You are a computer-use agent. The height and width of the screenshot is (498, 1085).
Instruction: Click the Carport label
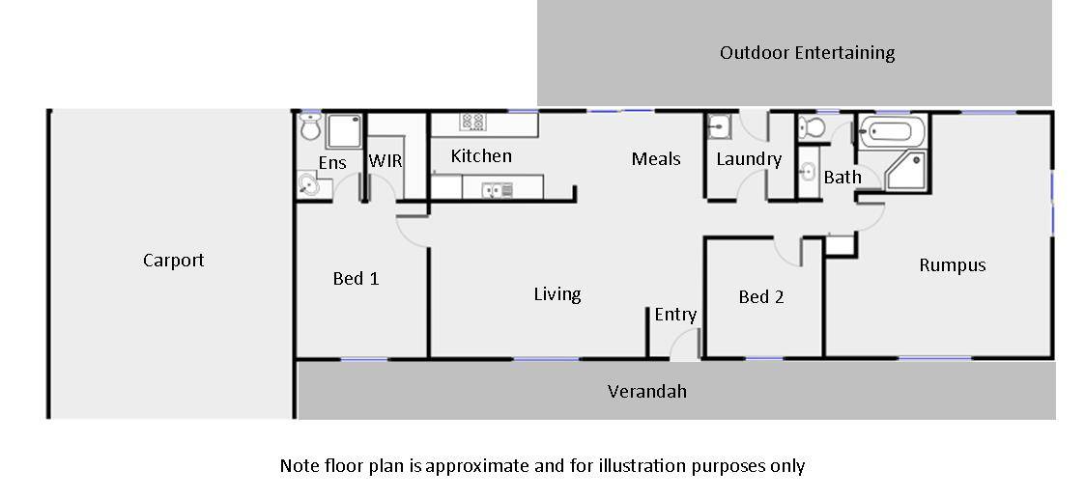tap(174, 261)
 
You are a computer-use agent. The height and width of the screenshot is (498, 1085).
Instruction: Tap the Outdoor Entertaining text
tap(807, 53)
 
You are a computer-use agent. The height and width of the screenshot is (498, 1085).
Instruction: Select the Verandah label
tap(646, 391)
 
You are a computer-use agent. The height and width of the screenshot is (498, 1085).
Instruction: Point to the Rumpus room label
tap(952, 265)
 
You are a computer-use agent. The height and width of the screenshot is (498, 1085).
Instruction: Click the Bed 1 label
tap(356, 279)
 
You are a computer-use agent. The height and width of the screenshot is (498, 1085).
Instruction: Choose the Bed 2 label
tap(760, 297)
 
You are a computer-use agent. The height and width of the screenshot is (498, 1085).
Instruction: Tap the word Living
tap(557, 294)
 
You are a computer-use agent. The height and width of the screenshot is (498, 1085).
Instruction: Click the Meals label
tap(656, 158)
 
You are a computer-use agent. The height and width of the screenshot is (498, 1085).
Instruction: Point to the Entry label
tap(674, 315)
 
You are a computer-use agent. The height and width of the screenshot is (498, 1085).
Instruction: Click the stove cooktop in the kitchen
tap(472, 122)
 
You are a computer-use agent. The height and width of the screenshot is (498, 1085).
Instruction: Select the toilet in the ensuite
tap(310, 126)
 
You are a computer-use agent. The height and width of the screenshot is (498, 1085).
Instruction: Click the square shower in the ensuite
tap(342, 130)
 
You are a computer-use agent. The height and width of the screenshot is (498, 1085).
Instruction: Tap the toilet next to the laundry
tap(812, 127)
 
